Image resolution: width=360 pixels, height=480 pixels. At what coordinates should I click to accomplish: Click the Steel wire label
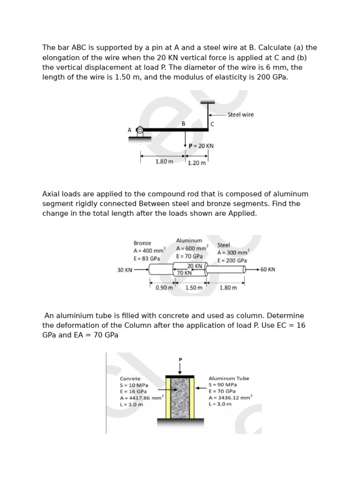pos(240,114)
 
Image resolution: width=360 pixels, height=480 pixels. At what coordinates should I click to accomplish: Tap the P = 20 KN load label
pos(201,146)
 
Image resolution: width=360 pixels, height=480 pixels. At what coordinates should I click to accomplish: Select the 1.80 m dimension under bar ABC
pos(164,162)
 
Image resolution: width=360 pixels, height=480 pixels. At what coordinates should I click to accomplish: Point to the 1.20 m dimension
pos(196,163)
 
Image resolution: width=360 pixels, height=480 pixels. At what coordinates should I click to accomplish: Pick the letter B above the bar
pos(184,123)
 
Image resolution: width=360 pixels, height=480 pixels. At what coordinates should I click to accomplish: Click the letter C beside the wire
pos(212,124)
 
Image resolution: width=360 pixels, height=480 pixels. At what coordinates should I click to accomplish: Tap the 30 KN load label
pos(124,270)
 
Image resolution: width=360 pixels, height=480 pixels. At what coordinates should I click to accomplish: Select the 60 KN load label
pos(268,270)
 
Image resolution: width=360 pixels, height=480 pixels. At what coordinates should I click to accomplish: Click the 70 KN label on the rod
pos(184,272)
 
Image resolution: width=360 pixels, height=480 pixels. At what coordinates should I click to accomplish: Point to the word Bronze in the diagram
pos(142,243)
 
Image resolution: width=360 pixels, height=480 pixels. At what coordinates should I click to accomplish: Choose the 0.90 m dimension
pos(164,287)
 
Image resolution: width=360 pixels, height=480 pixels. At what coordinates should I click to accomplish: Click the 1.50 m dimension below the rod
pos(194,287)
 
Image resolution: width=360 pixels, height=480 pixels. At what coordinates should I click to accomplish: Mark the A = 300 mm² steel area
pos(233,253)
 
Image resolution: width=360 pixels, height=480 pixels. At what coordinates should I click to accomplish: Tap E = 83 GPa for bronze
pos(147,258)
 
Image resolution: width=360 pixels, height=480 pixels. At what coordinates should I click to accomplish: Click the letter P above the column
pos(180,360)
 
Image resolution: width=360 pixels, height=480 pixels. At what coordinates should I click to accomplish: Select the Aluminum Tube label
pos(229,378)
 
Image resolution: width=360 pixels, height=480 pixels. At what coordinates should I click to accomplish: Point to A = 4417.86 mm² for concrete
pos(141,398)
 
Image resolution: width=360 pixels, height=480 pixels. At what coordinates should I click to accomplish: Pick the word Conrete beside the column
pos(130,378)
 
